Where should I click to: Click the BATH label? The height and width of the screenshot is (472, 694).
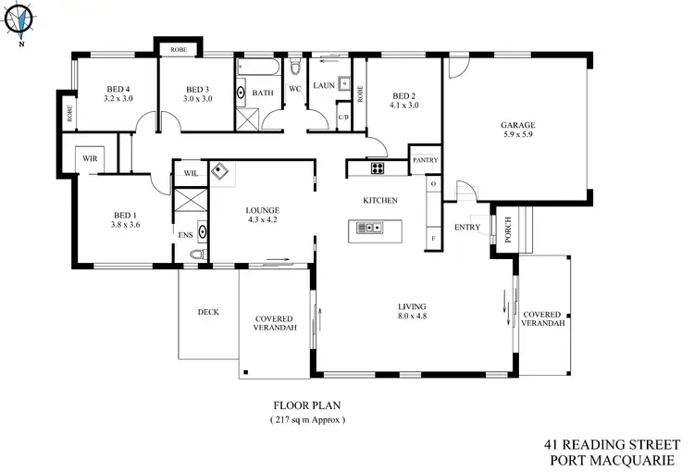(x=263, y=93)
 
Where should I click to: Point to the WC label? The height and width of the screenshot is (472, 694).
(x=296, y=89)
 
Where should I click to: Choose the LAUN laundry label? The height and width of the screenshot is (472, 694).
(x=323, y=85)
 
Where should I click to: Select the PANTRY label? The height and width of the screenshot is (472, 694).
(x=425, y=160)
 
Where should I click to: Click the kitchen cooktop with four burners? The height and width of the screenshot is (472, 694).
(x=378, y=168)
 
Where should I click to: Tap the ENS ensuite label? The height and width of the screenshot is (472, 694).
(x=184, y=235)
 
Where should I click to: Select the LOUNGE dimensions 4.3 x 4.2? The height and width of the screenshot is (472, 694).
(x=264, y=220)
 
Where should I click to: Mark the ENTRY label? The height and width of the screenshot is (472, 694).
(x=467, y=227)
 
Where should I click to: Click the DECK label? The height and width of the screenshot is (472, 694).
(x=208, y=312)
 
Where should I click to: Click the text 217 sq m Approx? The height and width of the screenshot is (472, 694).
(x=302, y=419)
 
